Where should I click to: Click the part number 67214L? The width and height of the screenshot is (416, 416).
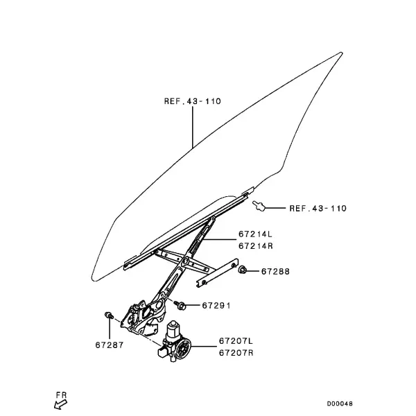pos(255,234)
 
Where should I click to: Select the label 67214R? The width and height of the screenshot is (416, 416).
pos(255,246)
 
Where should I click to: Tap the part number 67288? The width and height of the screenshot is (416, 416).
pos(275,271)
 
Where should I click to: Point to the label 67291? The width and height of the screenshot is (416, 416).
pos(216,306)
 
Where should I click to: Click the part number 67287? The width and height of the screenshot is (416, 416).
pos(110,345)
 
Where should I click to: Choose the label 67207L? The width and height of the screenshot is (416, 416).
pos(236,340)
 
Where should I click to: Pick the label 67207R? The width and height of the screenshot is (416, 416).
pos(236,353)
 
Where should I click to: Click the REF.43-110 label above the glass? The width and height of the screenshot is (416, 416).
pos(192,101)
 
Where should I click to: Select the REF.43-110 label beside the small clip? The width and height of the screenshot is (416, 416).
pos(318,208)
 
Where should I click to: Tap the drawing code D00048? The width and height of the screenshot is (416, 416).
pos(340,404)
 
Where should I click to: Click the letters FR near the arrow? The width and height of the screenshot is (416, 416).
pos(61,395)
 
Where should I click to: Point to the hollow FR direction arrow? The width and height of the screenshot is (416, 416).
pos(60,405)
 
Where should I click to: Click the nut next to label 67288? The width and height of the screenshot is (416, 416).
pos(242,270)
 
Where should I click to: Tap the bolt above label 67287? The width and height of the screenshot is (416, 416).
pos(109,315)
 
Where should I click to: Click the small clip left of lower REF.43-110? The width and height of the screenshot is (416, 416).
pos(259,206)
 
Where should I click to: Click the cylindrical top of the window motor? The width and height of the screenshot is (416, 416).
pos(174,329)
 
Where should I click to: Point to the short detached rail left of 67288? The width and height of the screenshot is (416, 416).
pos(217,273)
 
